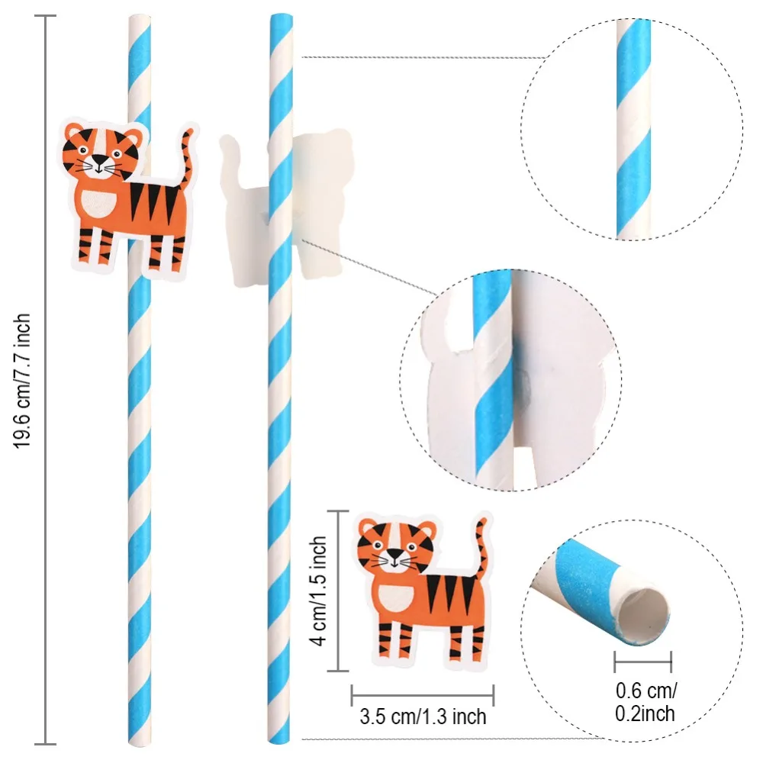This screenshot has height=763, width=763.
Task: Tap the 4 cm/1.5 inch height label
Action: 320,591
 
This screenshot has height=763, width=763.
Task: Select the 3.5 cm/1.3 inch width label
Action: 422,717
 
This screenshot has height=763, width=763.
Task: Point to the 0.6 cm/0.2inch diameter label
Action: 645,702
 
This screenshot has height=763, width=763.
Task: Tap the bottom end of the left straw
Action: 140,739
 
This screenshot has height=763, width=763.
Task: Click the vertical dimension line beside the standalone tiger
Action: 337,591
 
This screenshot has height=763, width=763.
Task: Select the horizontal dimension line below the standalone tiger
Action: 422,695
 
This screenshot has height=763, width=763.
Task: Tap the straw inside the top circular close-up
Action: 634,130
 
